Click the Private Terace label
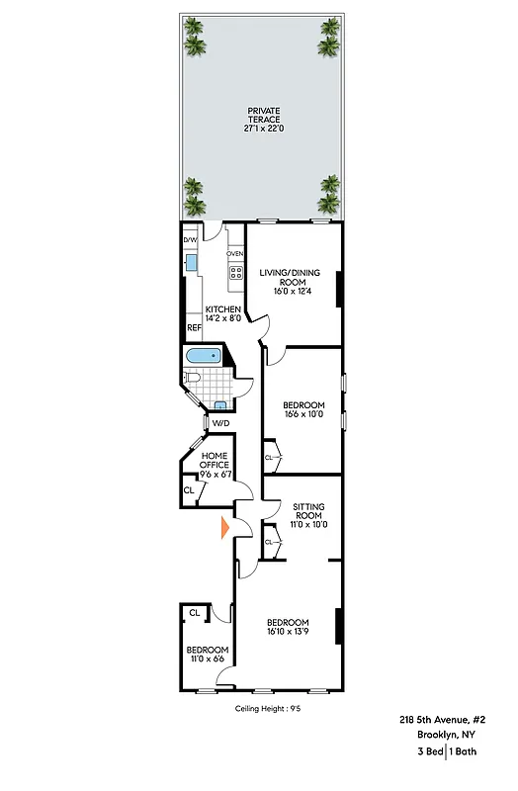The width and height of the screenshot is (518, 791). [262, 119]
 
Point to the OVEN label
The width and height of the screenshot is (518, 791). [235, 254]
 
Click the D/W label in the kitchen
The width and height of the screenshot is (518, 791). [190, 240]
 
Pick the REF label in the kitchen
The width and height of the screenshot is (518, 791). [194, 328]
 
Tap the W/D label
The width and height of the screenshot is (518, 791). [220, 424]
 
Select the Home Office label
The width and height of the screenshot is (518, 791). [215, 465]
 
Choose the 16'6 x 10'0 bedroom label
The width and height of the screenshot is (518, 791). [303, 410]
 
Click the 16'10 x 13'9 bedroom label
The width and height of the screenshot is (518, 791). [288, 628]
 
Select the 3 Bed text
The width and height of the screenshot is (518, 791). [428, 754]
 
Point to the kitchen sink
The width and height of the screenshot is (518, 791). [191, 262]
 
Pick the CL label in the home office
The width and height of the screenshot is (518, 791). [189, 490]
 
